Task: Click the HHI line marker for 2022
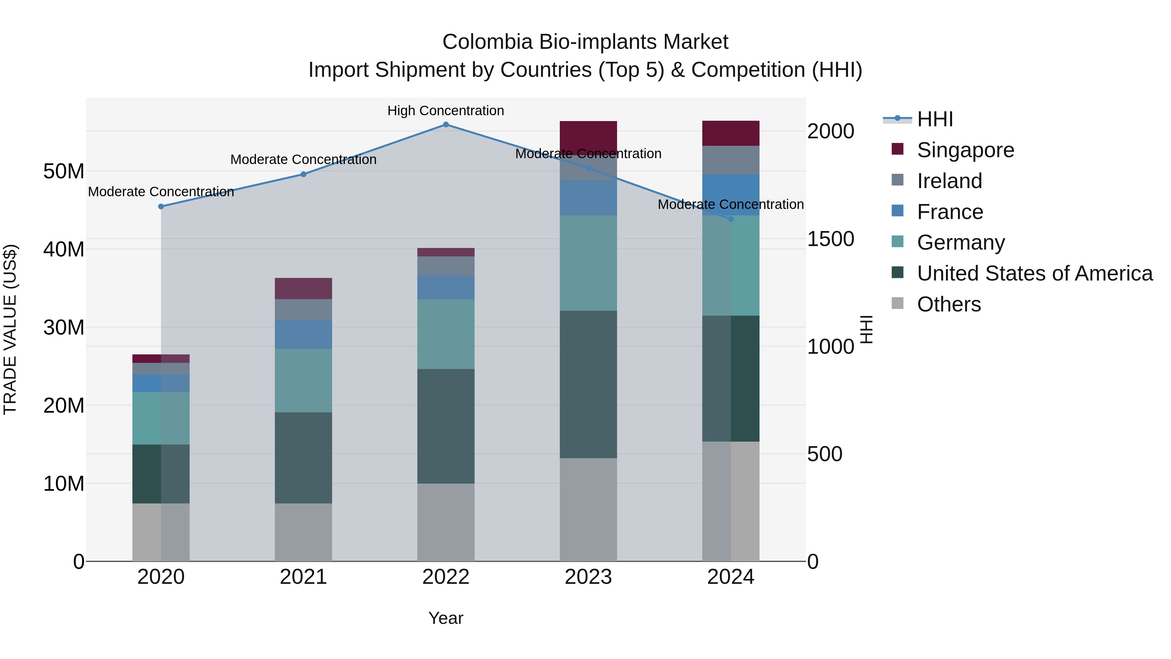point(446,125)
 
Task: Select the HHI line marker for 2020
point(161,206)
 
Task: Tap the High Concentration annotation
point(446,111)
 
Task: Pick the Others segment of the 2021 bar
point(303,532)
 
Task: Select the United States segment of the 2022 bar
point(446,426)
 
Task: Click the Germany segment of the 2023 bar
point(588,263)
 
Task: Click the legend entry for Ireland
point(949,181)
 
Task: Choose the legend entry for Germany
point(961,242)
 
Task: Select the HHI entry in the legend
point(935,119)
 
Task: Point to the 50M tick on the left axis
point(64,172)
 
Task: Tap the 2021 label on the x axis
point(303,577)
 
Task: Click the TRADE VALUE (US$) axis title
point(10,329)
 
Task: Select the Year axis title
point(446,618)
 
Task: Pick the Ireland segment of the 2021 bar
point(303,309)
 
